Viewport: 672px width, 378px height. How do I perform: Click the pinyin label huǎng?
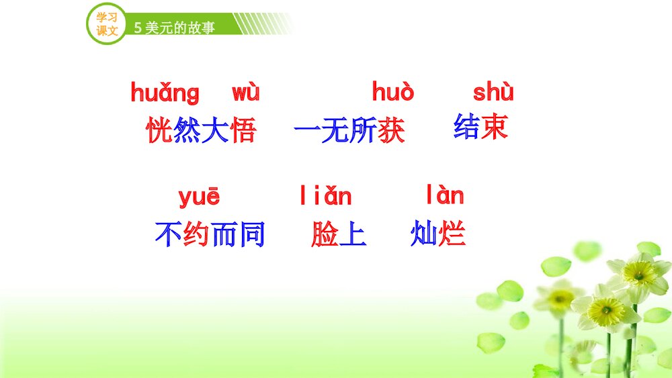(165, 93)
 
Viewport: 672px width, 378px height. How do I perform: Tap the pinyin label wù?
(245, 93)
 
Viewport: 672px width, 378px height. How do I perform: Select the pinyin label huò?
(393, 91)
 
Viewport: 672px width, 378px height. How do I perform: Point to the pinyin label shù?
(493, 91)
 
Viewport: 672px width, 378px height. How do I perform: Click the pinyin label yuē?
(199, 197)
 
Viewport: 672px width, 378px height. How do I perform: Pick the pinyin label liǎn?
(325, 196)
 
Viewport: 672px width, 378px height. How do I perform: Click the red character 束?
(495, 126)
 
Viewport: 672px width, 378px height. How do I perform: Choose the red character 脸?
(325, 234)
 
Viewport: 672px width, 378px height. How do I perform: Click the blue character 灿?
(424, 234)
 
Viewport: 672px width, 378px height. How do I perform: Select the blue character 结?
(466, 126)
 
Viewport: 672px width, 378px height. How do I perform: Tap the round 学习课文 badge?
(107, 24)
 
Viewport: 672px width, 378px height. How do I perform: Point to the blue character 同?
(252, 234)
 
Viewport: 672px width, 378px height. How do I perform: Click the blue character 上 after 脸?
(353, 234)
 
